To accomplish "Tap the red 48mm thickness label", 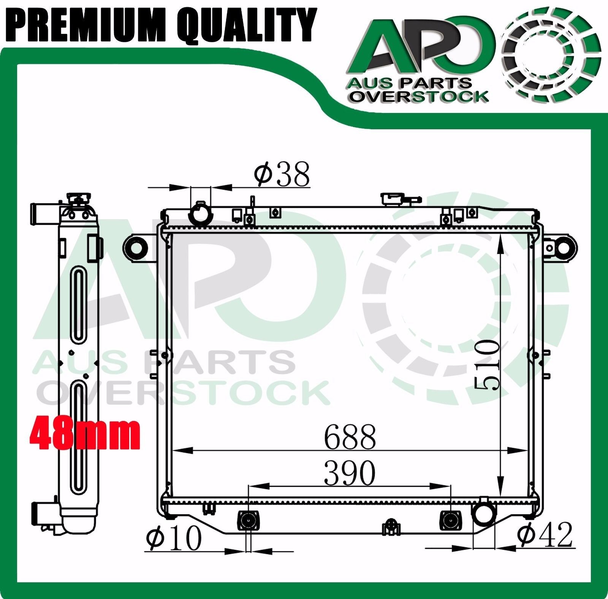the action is coord(85,433).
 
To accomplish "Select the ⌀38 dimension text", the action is coord(282,175).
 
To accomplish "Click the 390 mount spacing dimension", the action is coord(350,473).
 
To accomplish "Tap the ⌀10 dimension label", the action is coord(174,539).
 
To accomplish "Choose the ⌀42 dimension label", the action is coord(544,535).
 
